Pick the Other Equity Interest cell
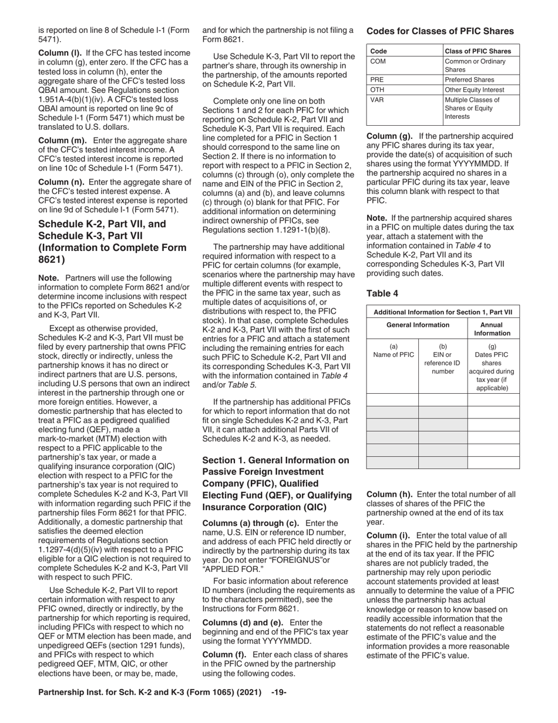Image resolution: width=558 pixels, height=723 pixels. point(478,90)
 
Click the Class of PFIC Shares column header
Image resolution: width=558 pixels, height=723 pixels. point(478,51)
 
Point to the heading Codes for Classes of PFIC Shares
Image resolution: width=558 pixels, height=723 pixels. point(440,31)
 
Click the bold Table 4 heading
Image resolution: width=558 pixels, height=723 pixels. point(382,292)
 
